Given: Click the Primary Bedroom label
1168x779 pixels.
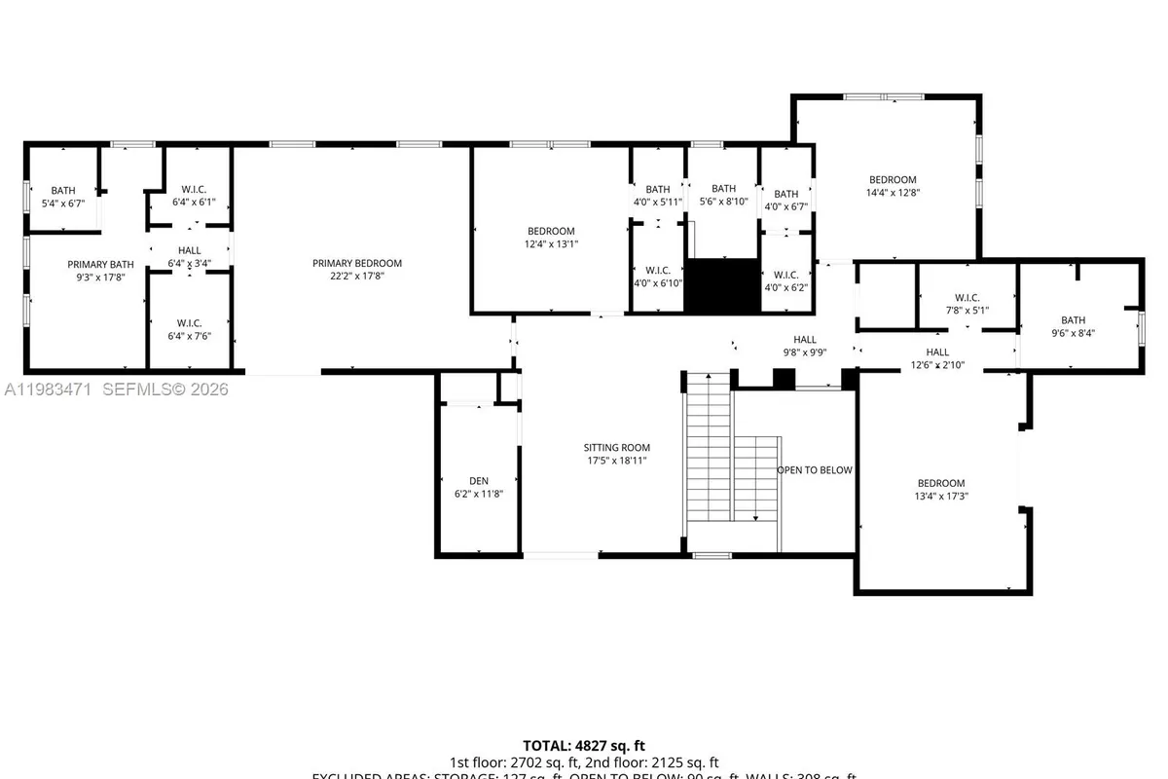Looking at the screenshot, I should pos(356,263).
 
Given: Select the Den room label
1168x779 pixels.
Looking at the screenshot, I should pos(478,481).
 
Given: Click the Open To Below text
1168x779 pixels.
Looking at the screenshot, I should pos(814,470).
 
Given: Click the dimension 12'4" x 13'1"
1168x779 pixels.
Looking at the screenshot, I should pos(551,244).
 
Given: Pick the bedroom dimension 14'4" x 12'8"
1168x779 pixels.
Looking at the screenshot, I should pos(893,193).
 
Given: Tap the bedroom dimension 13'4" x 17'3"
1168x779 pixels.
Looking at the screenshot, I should pos(941,496).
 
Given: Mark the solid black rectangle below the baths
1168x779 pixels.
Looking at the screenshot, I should pos(722,285).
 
